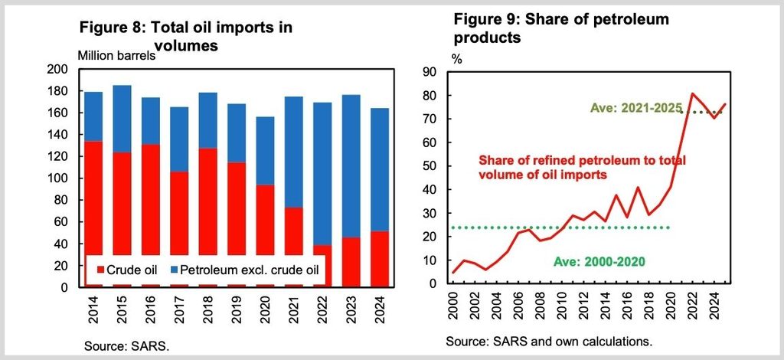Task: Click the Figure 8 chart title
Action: click(x=185, y=36)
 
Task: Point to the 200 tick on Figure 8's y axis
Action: click(x=56, y=70)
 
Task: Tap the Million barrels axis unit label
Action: click(x=117, y=55)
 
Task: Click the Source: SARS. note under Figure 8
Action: click(x=127, y=346)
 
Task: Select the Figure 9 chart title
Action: click(x=561, y=28)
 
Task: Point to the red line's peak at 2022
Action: click(x=692, y=93)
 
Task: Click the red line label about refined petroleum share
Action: click(x=582, y=167)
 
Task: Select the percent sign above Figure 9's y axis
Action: click(x=457, y=59)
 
